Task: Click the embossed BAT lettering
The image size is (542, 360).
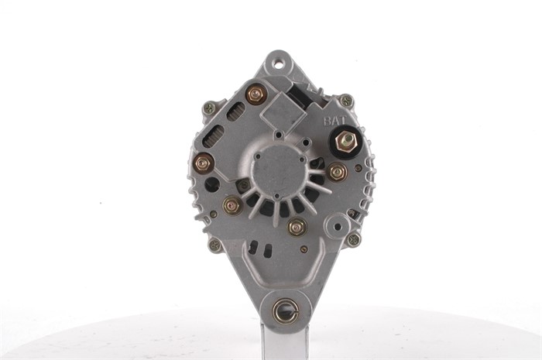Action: (334, 121)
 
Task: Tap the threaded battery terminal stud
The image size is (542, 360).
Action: (346, 142)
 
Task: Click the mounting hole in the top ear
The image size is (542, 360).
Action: (277, 64)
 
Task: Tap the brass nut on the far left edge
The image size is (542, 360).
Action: (203, 163)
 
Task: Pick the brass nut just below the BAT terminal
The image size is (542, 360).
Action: (337, 172)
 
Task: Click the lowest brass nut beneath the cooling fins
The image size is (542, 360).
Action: (297, 228)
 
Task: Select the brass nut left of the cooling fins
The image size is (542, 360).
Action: (232, 206)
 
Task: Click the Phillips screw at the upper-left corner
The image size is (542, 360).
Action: (209, 108)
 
